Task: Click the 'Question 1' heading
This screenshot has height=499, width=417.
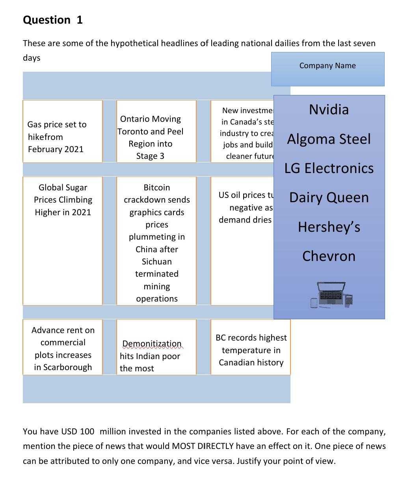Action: pos(53,20)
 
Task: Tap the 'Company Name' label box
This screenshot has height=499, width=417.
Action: pos(327,66)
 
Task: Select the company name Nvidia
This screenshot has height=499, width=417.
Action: pos(329,110)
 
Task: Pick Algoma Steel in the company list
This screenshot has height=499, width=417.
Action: pos(329,139)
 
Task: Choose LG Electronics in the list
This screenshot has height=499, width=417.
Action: pos(329,168)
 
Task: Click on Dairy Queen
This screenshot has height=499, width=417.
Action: pos(329,197)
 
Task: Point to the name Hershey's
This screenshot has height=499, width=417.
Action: pos(329,227)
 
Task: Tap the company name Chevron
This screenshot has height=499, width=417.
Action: pos(329,256)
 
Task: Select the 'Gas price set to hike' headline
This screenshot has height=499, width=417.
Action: pos(57,136)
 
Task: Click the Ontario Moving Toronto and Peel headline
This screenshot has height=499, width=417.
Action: pos(150,137)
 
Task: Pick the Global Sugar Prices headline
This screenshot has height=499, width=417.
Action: pos(63,200)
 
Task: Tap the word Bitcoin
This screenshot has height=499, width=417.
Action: pos(156,188)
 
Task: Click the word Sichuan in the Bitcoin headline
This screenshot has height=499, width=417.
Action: pos(156,262)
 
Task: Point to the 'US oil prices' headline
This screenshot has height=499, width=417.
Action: pos(245,207)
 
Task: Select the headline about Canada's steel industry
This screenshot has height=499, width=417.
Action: pos(246,133)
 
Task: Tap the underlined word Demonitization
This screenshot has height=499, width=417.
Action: pos(152,344)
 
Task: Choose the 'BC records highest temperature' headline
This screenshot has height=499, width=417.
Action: pos(251,350)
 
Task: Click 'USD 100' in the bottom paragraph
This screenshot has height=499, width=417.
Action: pos(78,432)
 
